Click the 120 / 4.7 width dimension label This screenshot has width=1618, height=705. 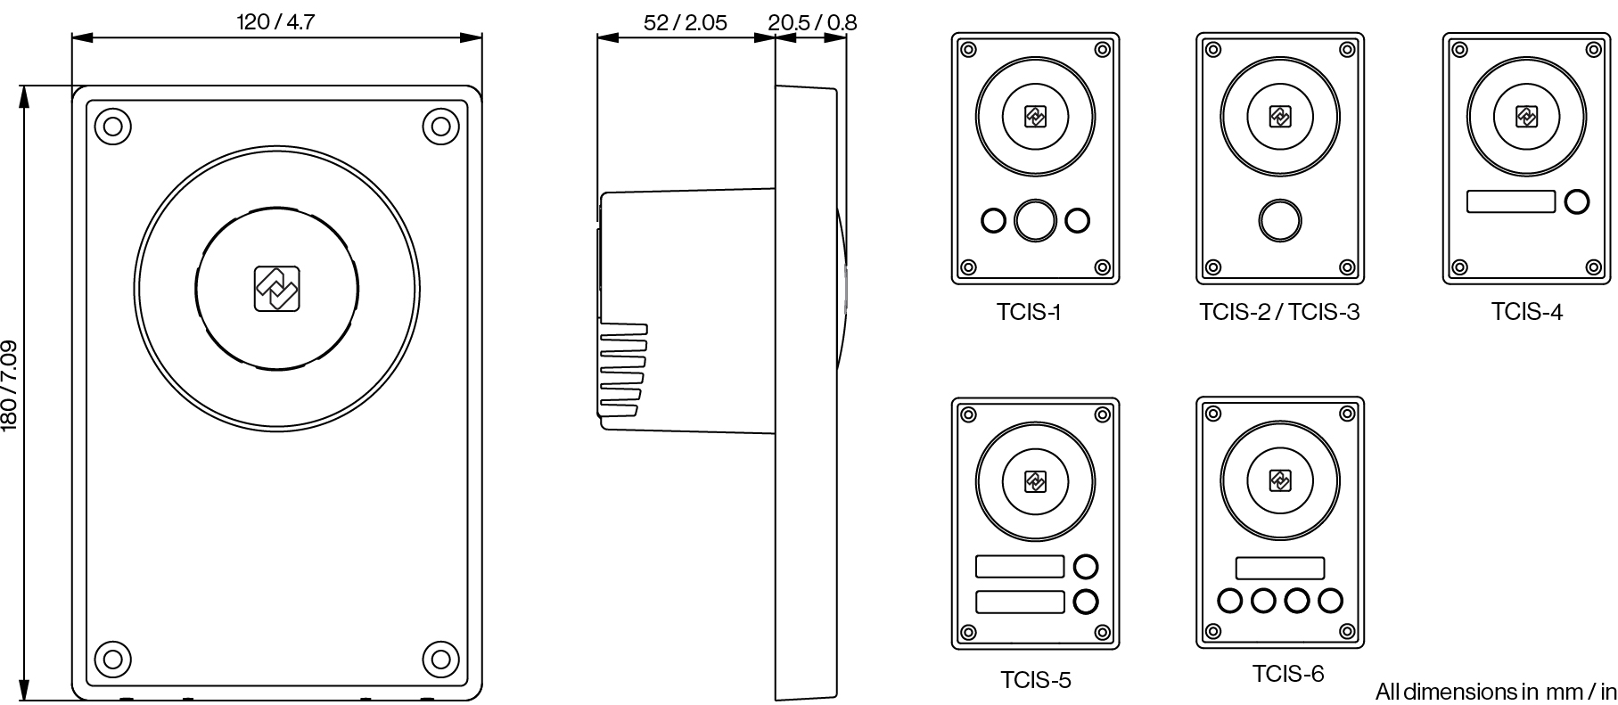pyautogui.click(x=275, y=21)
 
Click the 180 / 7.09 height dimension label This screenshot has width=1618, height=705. pyautogui.click(x=10, y=385)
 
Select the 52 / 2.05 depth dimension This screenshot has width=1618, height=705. pyautogui.click(x=685, y=22)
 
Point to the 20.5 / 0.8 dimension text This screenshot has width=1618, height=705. pyautogui.click(x=812, y=22)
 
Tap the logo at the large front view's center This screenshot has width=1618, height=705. pyautogui.click(x=277, y=289)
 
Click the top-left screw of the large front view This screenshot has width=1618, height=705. pyautogui.click(x=112, y=127)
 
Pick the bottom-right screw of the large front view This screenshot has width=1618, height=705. pyautogui.click(x=440, y=660)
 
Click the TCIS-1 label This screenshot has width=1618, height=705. pyautogui.click(x=1029, y=312)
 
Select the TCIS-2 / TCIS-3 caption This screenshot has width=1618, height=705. pyautogui.click(x=1279, y=312)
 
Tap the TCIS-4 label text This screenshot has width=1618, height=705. pyautogui.click(x=1526, y=311)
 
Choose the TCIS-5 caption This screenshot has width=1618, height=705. pyautogui.click(x=1035, y=680)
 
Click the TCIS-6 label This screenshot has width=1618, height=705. pyautogui.click(x=1288, y=674)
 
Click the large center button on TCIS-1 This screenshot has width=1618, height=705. pyautogui.click(x=1035, y=219)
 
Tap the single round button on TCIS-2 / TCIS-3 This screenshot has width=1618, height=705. pyautogui.click(x=1279, y=219)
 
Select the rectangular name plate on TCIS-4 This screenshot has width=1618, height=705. pyautogui.click(x=1511, y=201)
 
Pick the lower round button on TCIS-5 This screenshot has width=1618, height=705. pyautogui.click(x=1086, y=602)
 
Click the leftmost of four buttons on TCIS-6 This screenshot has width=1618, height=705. pyautogui.click(x=1229, y=601)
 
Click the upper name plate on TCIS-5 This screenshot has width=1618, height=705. pyautogui.click(x=1020, y=566)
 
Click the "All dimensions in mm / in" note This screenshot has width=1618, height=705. pyautogui.click(x=1495, y=692)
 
